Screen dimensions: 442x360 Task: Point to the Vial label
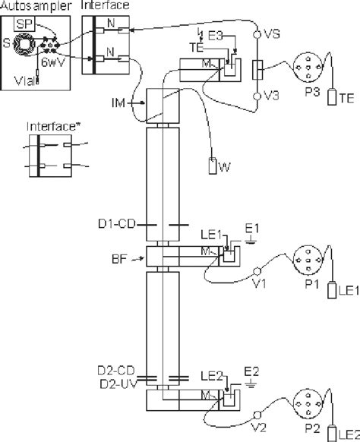pyautogui.click(x=25, y=77)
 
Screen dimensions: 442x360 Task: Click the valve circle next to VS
pyautogui.click(x=257, y=35)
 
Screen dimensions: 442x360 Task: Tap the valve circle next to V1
pyautogui.click(x=257, y=270)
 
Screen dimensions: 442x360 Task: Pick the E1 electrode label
pyautogui.click(x=253, y=227)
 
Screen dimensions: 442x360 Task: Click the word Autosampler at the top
pyautogui.click(x=30, y=5)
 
